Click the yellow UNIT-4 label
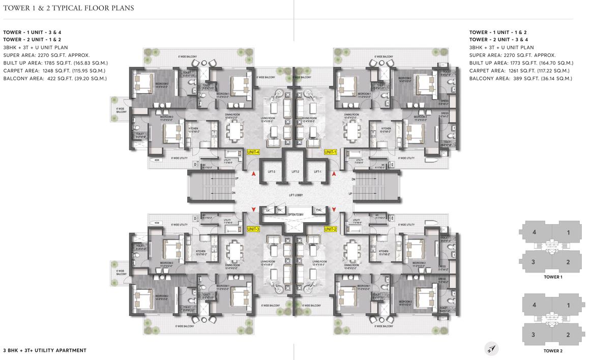(253, 152)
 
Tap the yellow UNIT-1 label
(331, 152)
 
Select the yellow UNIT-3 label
(253, 229)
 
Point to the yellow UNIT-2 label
(331, 229)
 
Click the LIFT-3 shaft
(271, 172)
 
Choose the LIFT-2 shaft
(295, 172)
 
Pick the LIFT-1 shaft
(318, 172)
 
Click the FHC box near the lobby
(319, 210)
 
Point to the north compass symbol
(491, 348)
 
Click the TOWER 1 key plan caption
(552, 277)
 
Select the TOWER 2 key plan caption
(552, 351)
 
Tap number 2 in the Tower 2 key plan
(568, 335)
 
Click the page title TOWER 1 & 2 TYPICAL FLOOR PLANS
(69, 9)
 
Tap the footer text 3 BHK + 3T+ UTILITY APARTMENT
(45, 350)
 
